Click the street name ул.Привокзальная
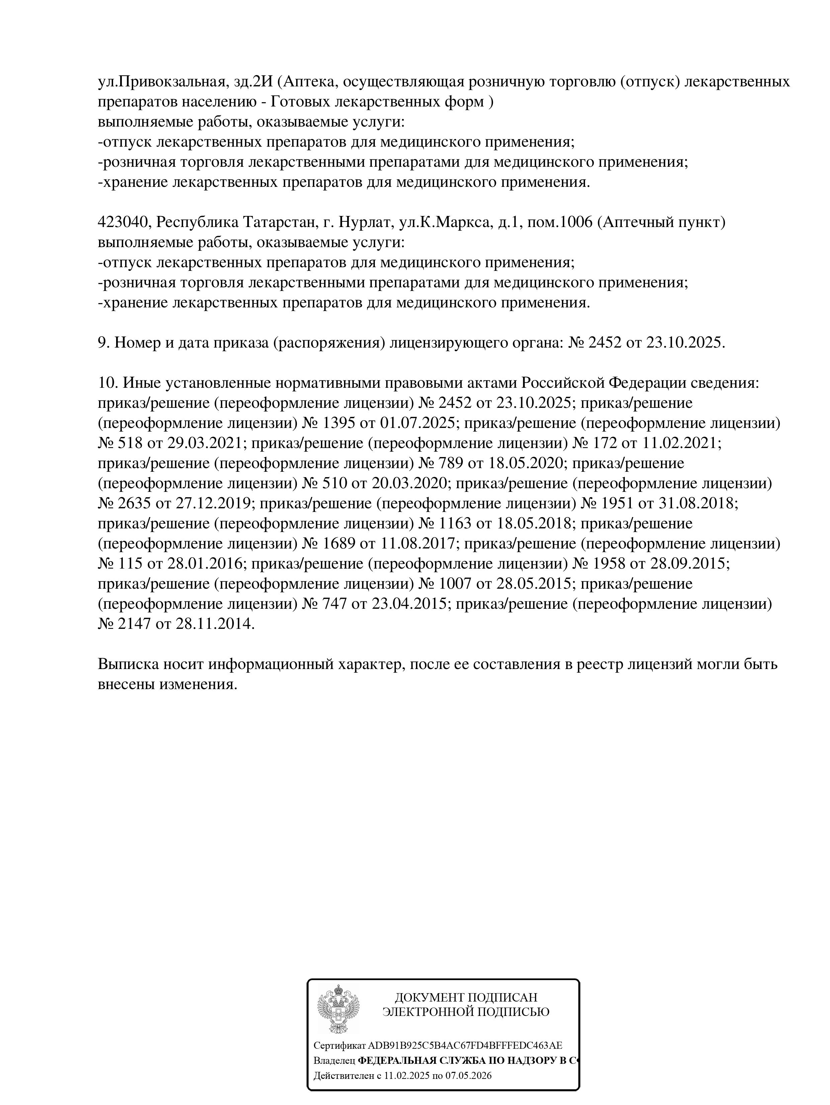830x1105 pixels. tap(162, 81)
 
